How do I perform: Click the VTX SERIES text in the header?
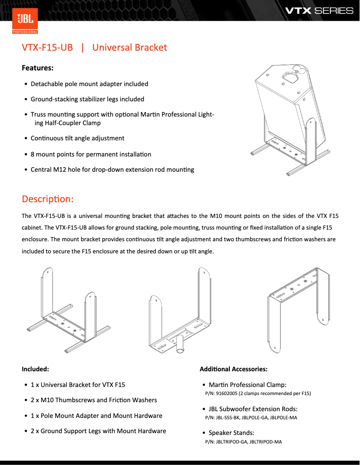[320, 10]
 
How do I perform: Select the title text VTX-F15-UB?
[47, 48]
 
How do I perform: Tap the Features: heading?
[38, 68]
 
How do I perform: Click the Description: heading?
[48, 199]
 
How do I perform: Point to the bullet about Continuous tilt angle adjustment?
[77, 138]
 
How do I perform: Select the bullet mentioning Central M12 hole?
[112, 169]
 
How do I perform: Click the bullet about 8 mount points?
[91, 154]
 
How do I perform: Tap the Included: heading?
[35, 369]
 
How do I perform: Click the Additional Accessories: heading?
[233, 369]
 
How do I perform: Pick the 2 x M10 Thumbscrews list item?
[94, 400]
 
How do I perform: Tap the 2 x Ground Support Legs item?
[98, 431]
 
